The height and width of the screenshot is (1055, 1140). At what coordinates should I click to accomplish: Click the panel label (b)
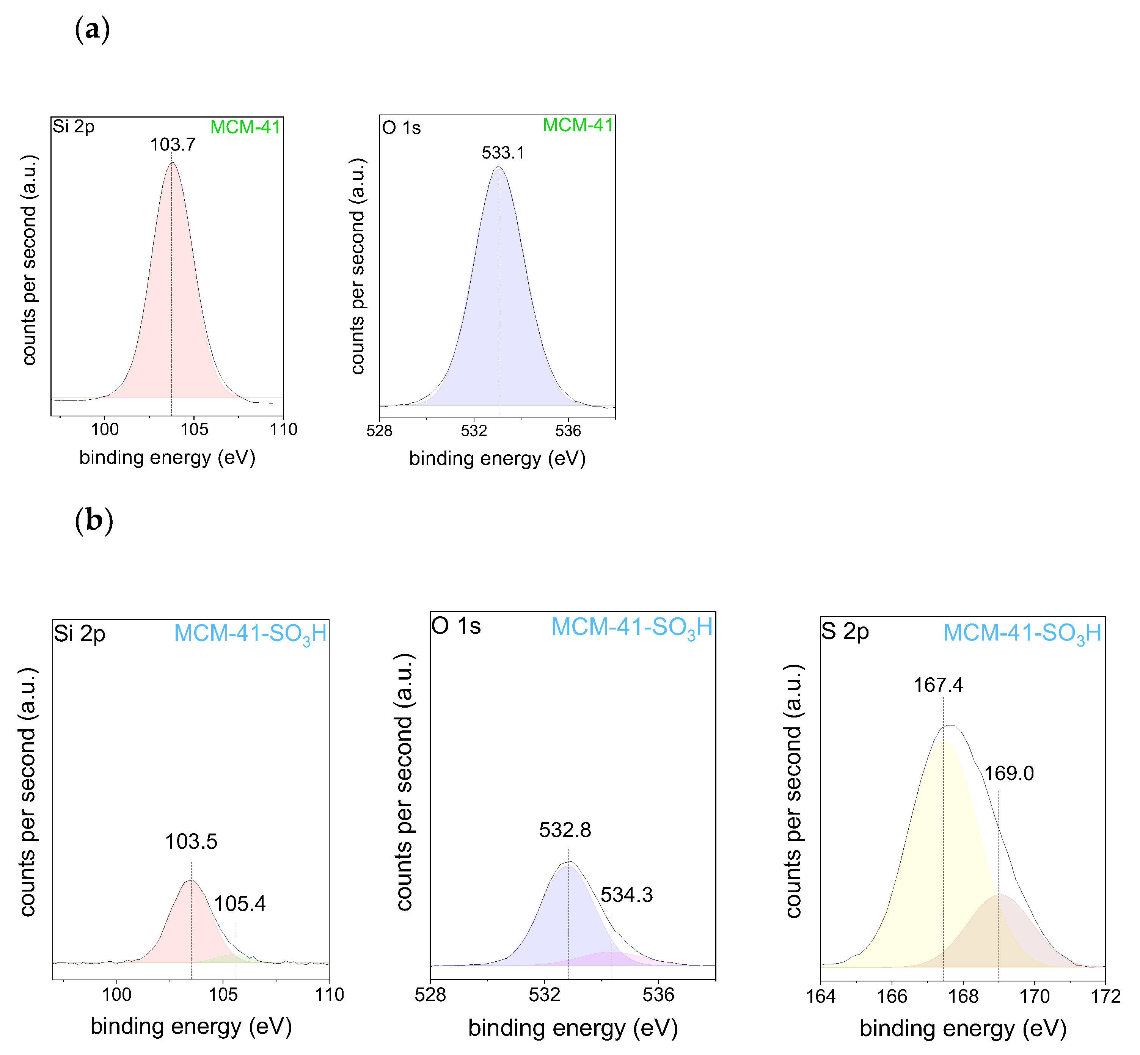tap(94, 521)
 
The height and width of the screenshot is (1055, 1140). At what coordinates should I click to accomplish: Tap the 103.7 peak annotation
tap(173, 144)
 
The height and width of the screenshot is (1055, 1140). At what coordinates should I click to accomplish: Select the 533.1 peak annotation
tap(502, 153)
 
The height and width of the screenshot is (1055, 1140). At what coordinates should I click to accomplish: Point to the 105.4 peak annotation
tap(240, 904)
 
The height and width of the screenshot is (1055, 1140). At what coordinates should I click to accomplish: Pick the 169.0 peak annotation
tap(1009, 774)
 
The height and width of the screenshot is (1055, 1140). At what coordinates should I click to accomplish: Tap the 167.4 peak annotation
tap(938, 685)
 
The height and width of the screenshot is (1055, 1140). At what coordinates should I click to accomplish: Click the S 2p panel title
tap(845, 631)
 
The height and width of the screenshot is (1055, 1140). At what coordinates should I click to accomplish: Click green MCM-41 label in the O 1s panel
tap(578, 125)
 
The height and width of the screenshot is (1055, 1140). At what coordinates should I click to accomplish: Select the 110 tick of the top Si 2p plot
tap(284, 429)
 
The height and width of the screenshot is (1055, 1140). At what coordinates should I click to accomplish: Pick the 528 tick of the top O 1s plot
tap(379, 430)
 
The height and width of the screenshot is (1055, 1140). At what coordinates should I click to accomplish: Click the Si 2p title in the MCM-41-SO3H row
tap(79, 634)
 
